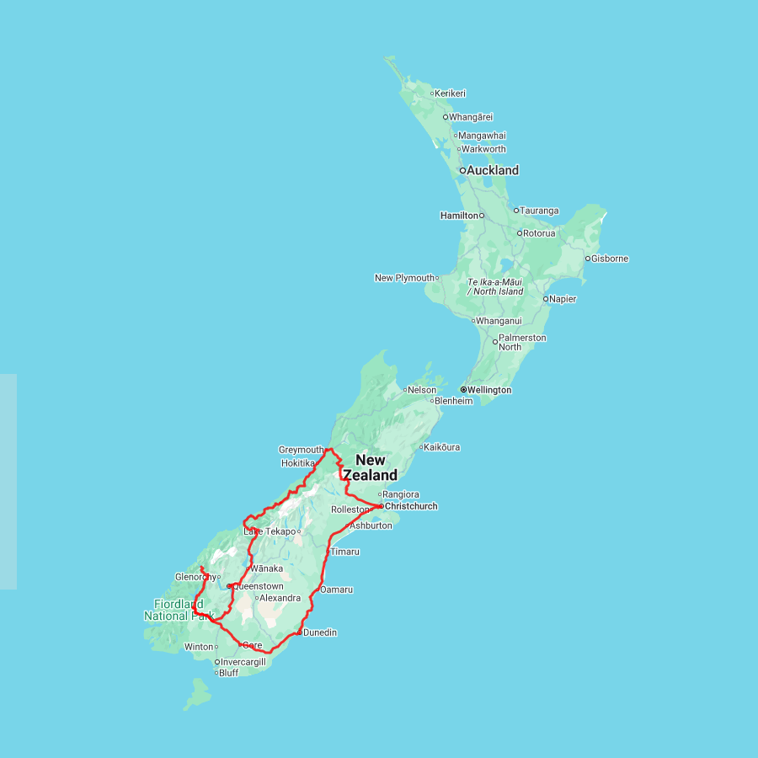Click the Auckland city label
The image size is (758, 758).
pyautogui.click(x=493, y=170)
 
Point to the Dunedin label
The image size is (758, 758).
pyautogui.click(x=320, y=633)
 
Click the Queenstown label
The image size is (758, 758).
pyautogui.click(x=258, y=586)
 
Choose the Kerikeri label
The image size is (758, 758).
pyautogui.click(x=451, y=93)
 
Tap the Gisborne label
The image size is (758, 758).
pyautogui.click(x=610, y=259)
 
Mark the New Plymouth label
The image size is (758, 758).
pyautogui.click(x=404, y=278)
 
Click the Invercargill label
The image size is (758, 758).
pyautogui.click(x=243, y=662)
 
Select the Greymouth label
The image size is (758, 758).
pyautogui.click(x=301, y=450)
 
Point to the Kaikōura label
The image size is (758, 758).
pyautogui.click(x=442, y=447)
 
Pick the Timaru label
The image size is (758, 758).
pyautogui.click(x=345, y=552)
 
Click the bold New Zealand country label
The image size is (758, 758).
pyautogui.click(x=370, y=467)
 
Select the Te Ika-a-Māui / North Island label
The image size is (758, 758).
pyautogui.click(x=495, y=286)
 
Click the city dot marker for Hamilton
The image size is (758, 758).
pyautogui.click(x=483, y=216)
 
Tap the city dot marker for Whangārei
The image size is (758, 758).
pyautogui.click(x=446, y=117)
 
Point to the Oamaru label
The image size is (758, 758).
pyautogui.click(x=337, y=590)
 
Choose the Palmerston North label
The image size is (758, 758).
pyautogui.click(x=522, y=342)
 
